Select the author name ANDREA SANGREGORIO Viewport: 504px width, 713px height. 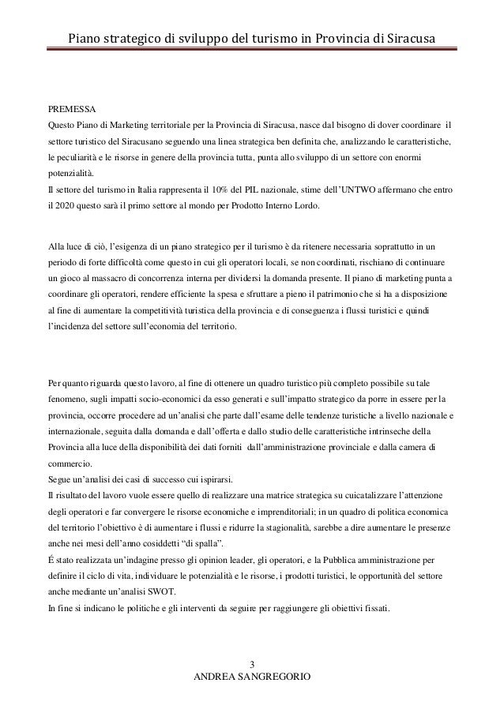(x=253, y=678)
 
